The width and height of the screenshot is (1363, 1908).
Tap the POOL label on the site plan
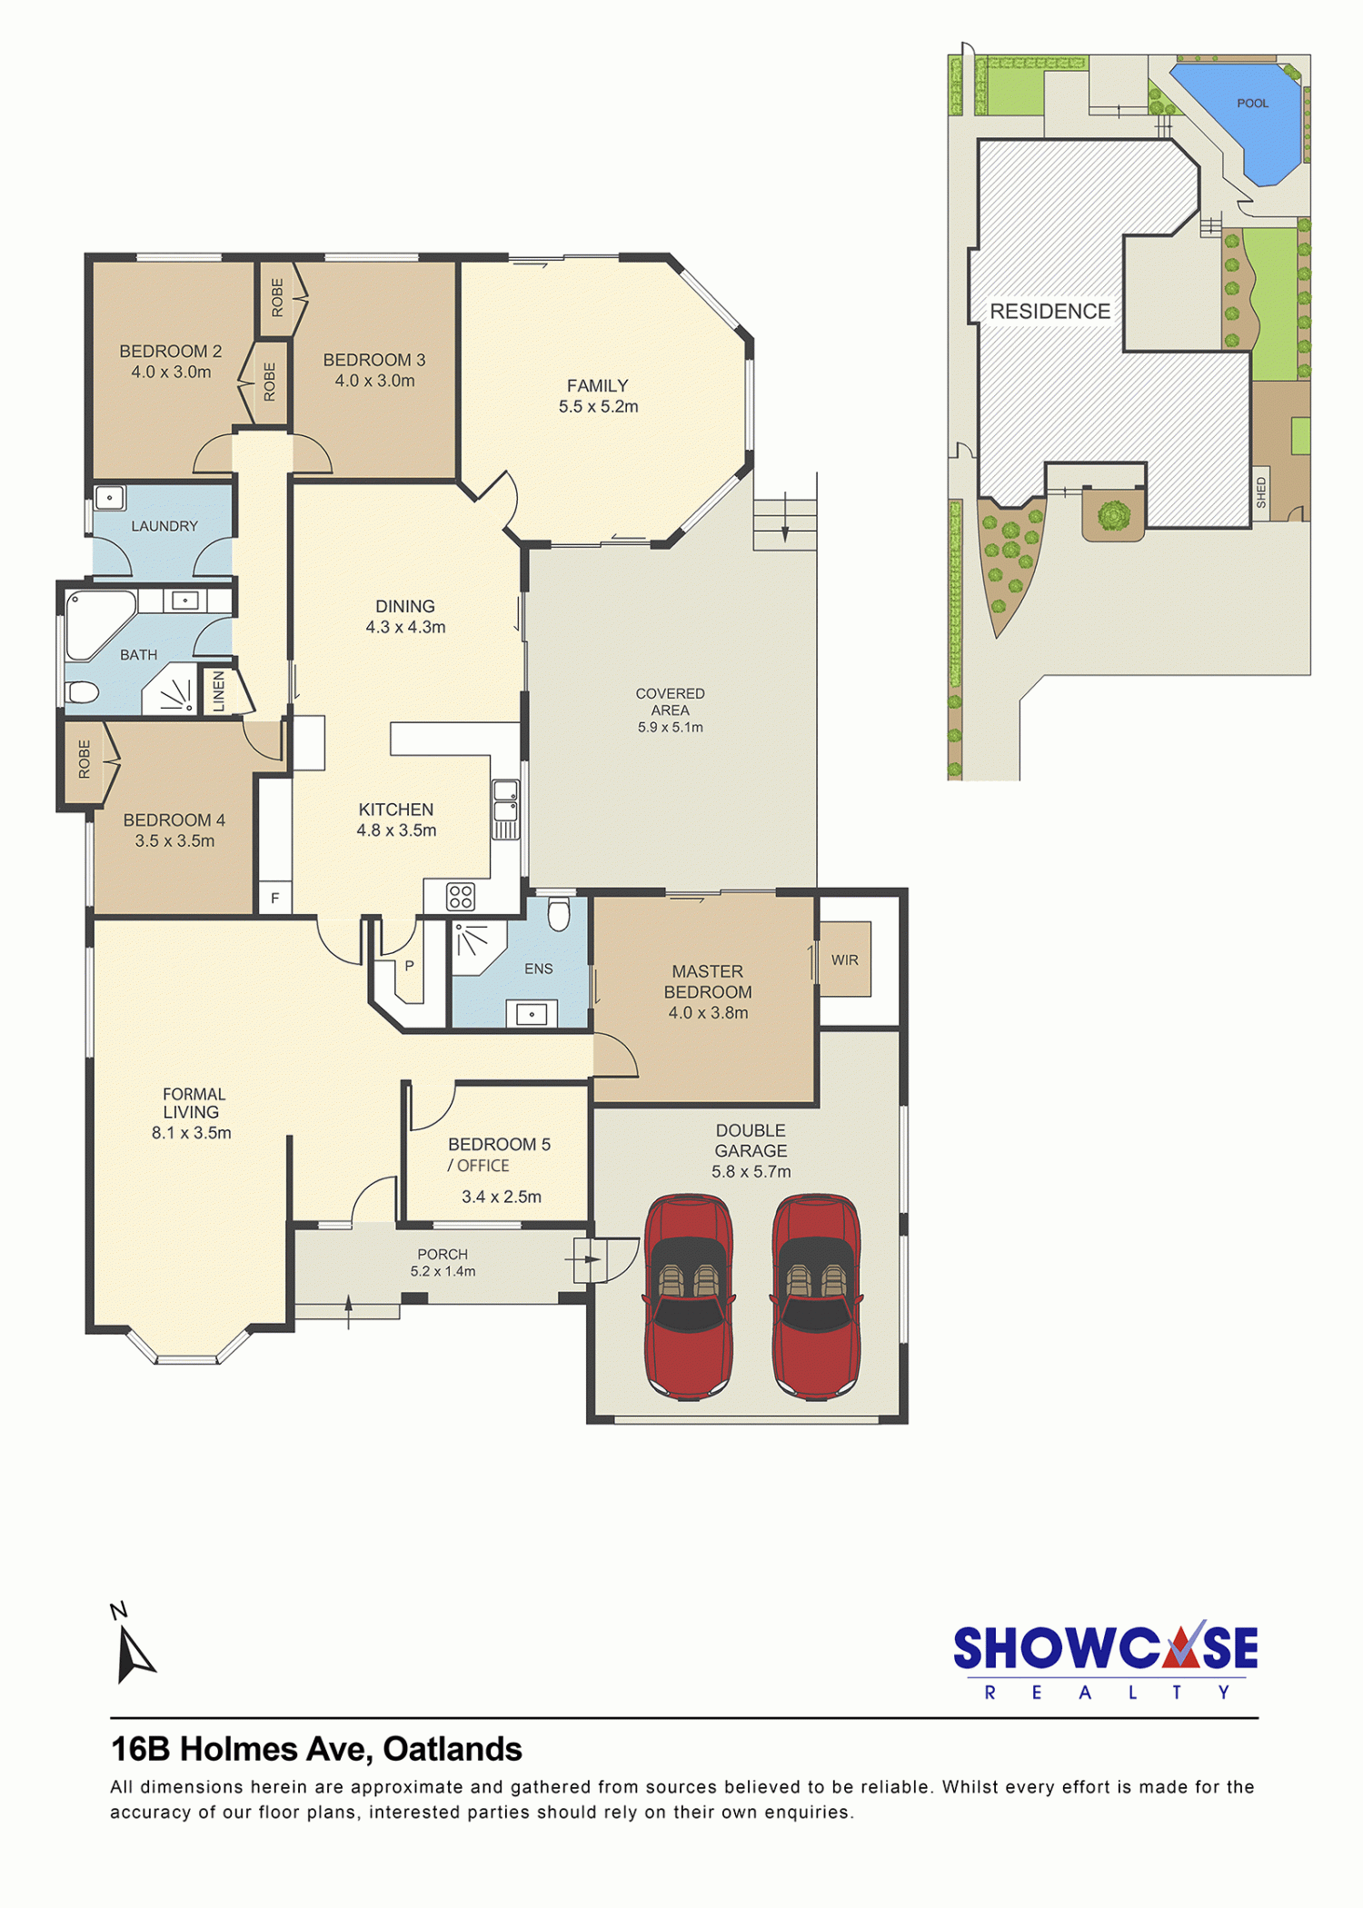point(1252,104)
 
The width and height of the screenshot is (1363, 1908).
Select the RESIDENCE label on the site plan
point(1050,312)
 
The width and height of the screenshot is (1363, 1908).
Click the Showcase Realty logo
point(1105,1661)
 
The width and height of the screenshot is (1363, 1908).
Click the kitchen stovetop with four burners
point(461,897)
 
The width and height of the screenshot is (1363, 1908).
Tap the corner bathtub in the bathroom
point(99,624)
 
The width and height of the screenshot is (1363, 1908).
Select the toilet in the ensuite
point(559,914)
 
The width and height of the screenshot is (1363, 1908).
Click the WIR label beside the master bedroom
point(844,960)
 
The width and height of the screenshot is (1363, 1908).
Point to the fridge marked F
point(275,898)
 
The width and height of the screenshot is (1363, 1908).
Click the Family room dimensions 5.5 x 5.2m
point(598,407)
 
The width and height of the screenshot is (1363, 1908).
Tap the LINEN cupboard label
point(218,691)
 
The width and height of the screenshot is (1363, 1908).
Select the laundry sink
point(110,498)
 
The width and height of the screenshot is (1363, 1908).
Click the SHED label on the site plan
point(1261,492)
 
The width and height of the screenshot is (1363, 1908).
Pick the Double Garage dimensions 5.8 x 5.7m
point(751,1172)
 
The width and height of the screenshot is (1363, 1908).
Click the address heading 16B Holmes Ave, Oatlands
point(316,1749)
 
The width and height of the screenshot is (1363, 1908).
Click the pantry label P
point(409,966)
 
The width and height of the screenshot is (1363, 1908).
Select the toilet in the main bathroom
point(82,692)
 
